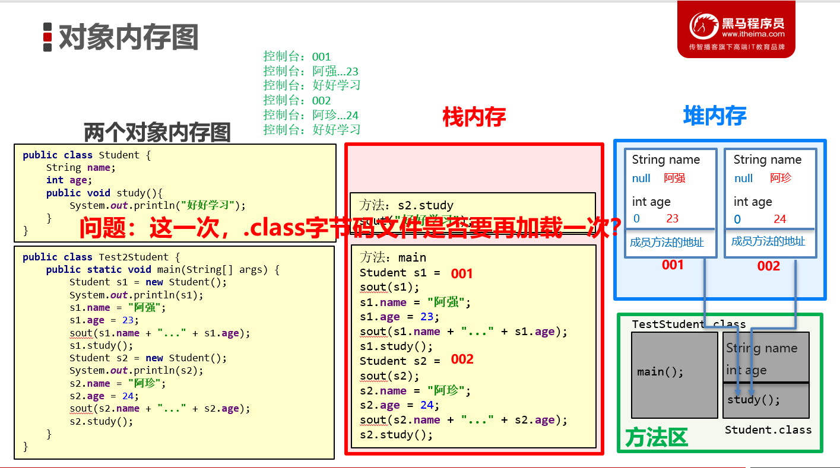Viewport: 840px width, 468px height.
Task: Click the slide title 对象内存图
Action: pyautogui.click(x=128, y=37)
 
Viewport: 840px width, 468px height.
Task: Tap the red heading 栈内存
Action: pyautogui.click(x=474, y=117)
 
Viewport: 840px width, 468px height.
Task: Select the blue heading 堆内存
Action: pyautogui.click(x=714, y=116)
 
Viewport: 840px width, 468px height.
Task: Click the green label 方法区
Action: pyautogui.click(x=656, y=438)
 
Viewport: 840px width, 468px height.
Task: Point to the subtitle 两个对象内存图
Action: pyautogui.click(x=157, y=132)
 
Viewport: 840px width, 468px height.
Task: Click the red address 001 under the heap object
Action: pyautogui.click(x=673, y=265)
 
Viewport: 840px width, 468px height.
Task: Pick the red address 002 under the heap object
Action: pyautogui.click(x=768, y=266)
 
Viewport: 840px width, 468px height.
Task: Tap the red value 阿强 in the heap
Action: pyautogui.click(x=674, y=178)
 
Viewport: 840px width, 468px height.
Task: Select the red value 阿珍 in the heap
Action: pyautogui.click(x=781, y=178)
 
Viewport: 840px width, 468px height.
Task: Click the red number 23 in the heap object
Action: pyautogui.click(x=672, y=218)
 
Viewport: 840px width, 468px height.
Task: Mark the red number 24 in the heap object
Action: pyautogui.click(x=779, y=219)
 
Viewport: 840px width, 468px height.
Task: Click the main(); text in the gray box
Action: pyautogui.click(x=660, y=372)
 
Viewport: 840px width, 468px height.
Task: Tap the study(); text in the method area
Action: pyautogui.click(x=754, y=399)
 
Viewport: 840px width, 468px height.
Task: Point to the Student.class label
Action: pyautogui.click(x=768, y=429)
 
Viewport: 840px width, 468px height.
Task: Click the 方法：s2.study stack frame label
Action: pyautogui.click(x=406, y=205)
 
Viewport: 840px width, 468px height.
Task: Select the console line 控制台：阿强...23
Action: pyautogui.click(x=311, y=71)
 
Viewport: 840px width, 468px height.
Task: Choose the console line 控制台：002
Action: pyautogui.click(x=297, y=100)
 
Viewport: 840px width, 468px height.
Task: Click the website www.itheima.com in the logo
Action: pyautogui.click(x=753, y=34)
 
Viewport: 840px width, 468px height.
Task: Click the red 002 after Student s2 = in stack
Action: pyautogui.click(x=462, y=359)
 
